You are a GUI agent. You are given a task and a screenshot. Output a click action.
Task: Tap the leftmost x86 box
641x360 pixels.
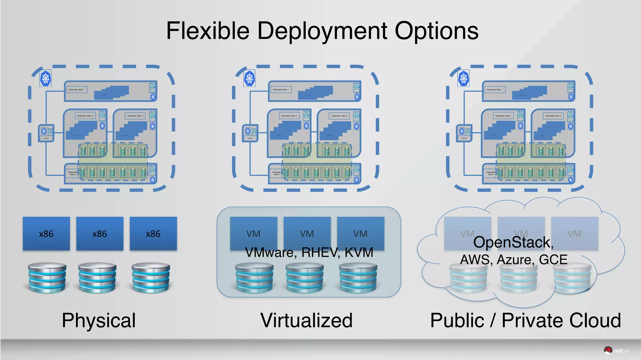(x=46, y=234)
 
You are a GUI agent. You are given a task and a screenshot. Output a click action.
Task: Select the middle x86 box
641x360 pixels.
(x=100, y=234)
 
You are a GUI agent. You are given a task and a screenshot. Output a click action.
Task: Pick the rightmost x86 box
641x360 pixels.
(x=153, y=234)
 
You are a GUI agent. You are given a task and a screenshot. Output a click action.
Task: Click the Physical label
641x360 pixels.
(x=99, y=321)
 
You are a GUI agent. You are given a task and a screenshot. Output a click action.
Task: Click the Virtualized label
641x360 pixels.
(x=306, y=321)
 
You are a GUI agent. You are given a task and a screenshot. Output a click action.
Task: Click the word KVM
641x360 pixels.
(x=359, y=252)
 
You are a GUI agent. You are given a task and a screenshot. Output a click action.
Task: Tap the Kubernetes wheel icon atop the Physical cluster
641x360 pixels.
(x=46, y=78)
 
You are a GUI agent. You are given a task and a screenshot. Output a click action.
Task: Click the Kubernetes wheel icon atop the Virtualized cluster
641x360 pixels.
(x=249, y=78)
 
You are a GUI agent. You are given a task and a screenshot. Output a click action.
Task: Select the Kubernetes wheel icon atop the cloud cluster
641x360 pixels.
(x=464, y=78)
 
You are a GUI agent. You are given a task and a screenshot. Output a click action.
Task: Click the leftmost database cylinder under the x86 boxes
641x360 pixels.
(x=47, y=277)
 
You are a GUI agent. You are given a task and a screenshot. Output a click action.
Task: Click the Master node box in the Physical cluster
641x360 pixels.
(x=46, y=133)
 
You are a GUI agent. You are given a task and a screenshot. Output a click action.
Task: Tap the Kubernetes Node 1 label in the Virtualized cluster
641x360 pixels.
(x=280, y=90)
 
